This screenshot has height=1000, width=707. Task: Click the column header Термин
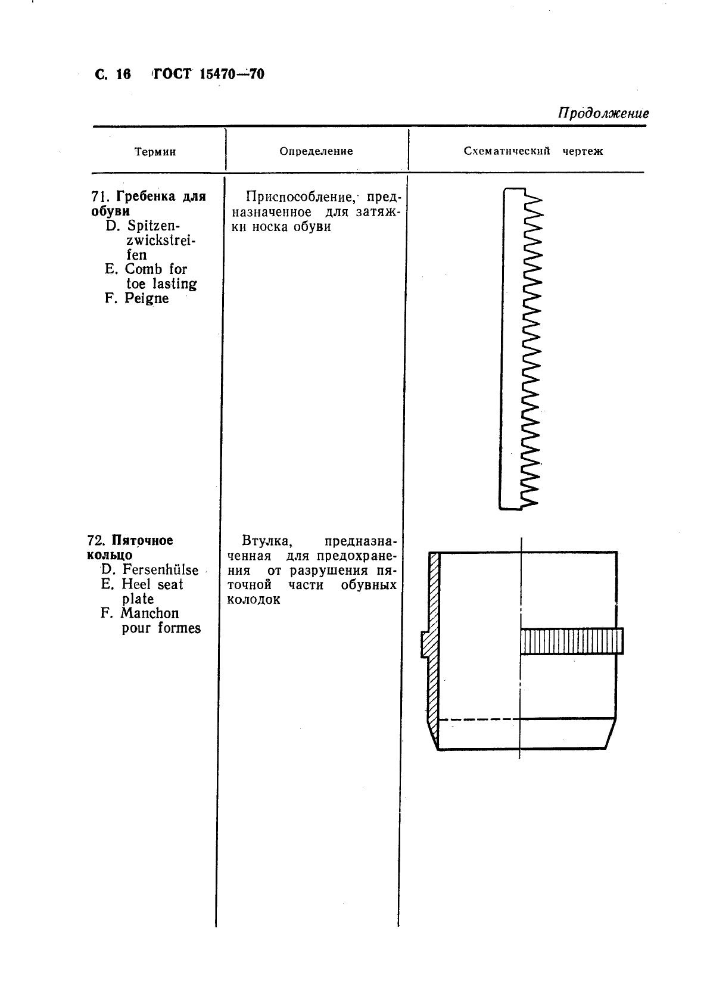click(x=155, y=152)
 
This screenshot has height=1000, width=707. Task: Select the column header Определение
click(x=316, y=151)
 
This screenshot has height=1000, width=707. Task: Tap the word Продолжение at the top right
click(x=603, y=113)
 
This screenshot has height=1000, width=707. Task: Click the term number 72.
click(x=95, y=541)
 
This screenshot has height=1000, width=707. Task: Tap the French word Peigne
click(x=147, y=298)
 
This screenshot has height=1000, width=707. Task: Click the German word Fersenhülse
click(x=160, y=569)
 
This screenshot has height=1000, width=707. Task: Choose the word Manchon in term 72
click(x=150, y=613)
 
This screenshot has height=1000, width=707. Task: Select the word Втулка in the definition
click(x=266, y=541)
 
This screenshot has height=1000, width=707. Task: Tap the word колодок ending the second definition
click(x=253, y=599)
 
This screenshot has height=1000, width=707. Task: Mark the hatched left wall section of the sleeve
click(x=434, y=596)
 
